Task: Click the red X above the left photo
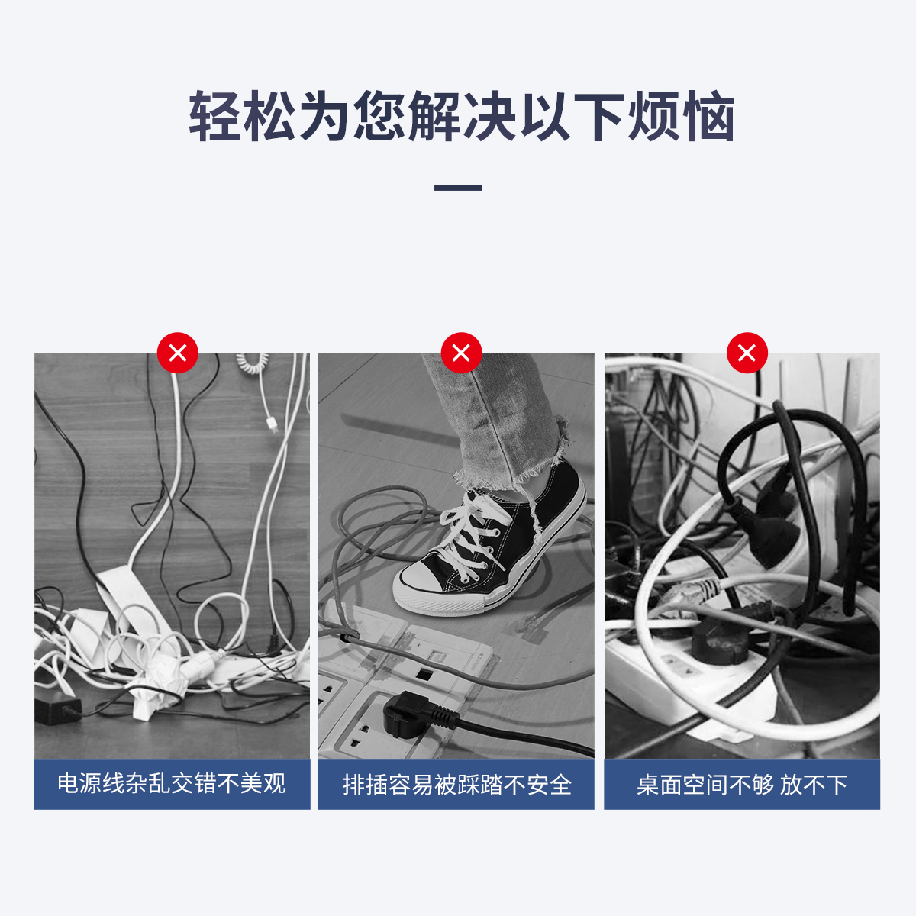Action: pos(177,353)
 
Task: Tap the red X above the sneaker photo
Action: pos(461,353)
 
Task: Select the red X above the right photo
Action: pos(747,353)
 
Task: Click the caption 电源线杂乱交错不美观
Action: pos(172,784)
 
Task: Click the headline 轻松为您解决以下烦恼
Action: pos(462,117)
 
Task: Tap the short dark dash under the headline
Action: pos(458,188)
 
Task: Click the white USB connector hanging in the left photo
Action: pos(273,423)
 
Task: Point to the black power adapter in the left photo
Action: pos(56,709)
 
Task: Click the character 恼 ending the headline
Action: pos(708,117)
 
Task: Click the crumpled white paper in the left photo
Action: pos(152,685)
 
